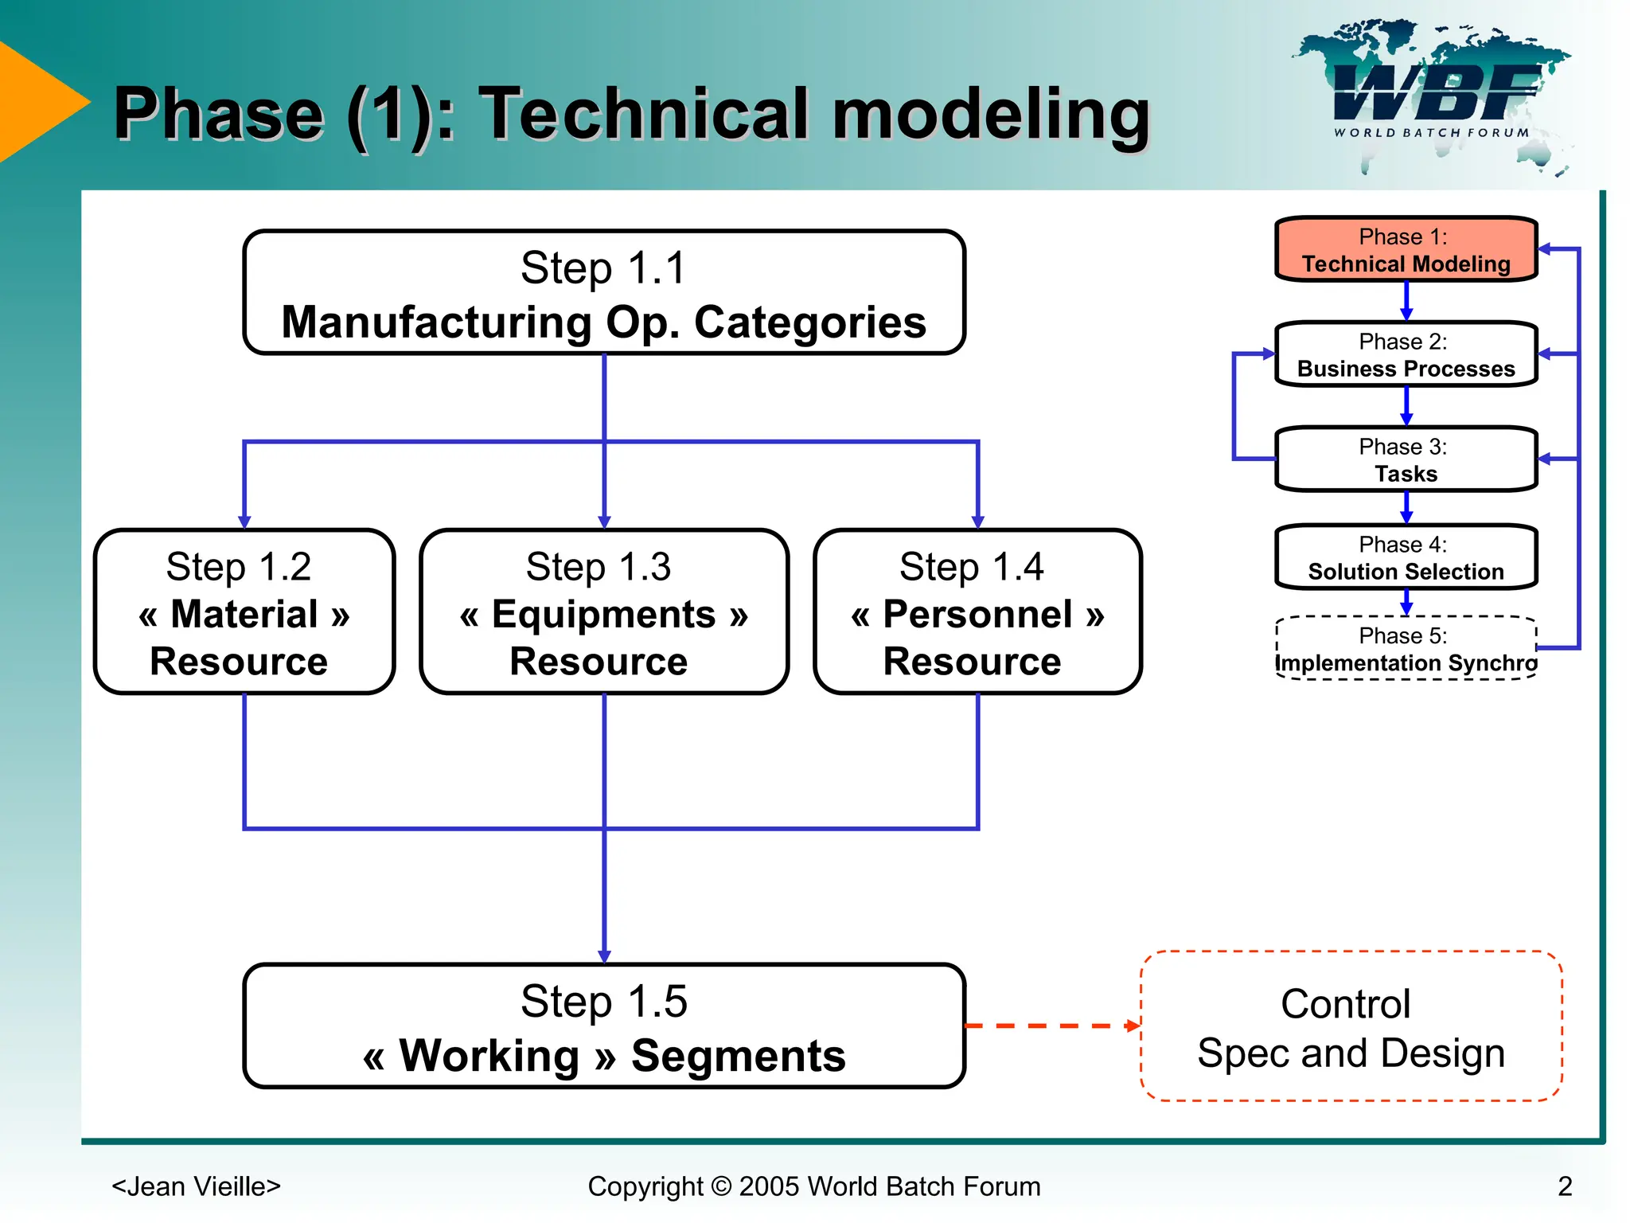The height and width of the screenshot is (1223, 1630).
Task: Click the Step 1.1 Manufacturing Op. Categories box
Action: click(604, 293)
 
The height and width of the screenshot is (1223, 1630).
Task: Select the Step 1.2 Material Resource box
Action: click(244, 612)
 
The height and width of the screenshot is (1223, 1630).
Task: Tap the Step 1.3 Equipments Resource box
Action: click(604, 612)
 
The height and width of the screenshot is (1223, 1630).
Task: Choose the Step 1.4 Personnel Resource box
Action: click(977, 612)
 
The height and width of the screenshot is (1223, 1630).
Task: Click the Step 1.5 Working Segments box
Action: click(604, 1026)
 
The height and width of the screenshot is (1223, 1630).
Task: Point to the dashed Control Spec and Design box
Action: click(1351, 1026)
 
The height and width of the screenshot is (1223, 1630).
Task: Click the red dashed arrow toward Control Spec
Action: click(1051, 1026)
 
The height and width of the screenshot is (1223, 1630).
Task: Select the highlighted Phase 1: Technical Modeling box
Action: click(1406, 249)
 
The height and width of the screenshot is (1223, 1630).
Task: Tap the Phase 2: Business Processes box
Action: click(1406, 354)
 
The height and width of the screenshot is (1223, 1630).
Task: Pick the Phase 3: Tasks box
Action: click(1406, 459)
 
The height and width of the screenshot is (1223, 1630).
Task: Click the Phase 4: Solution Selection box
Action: click(1406, 557)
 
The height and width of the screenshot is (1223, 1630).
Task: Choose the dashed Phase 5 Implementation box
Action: click(1406, 649)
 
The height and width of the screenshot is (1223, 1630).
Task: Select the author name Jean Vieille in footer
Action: click(196, 1186)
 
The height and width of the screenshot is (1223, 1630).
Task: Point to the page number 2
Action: click(1565, 1186)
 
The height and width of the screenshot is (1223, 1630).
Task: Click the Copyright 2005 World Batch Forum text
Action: click(813, 1186)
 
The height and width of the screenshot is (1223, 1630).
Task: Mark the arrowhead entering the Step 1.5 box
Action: click(604, 955)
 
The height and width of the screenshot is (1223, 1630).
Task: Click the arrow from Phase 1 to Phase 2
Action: click(1406, 302)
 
